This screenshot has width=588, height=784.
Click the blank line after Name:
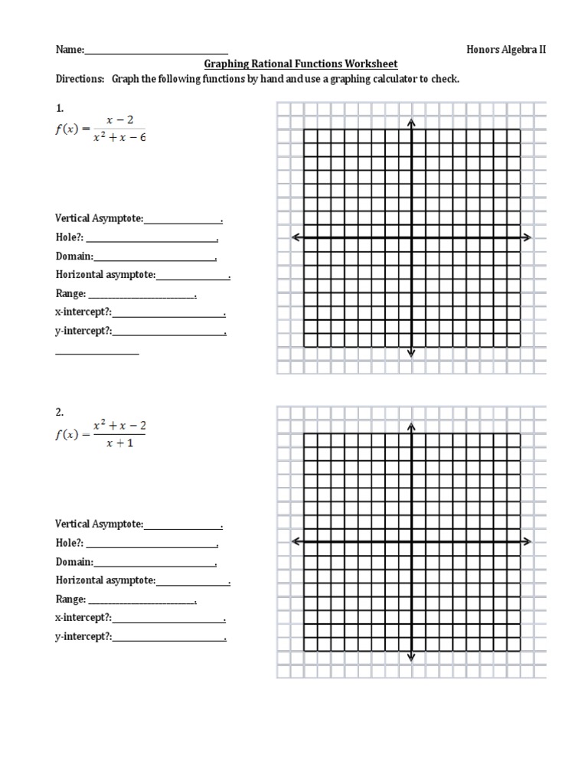(156, 51)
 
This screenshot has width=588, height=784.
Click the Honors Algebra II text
(506, 49)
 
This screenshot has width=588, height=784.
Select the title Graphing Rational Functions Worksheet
(300, 64)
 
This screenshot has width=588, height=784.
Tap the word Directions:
(80, 79)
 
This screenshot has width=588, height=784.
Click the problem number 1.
(59, 108)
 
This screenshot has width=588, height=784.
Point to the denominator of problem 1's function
(118, 138)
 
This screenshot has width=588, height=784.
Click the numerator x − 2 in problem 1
(119, 120)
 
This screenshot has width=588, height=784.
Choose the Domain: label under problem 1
(74, 256)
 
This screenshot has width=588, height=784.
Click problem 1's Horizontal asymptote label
(106, 274)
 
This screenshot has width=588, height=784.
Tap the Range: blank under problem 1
(142, 296)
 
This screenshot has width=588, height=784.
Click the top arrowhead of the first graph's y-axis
(411, 122)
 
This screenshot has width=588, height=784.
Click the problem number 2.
(59, 412)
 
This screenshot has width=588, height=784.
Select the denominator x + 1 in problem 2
(119, 443)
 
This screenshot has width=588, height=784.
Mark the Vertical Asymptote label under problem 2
(99, 524)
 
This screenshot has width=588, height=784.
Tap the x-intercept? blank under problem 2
(168, 619)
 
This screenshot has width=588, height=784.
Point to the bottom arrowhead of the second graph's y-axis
(411, 656)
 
